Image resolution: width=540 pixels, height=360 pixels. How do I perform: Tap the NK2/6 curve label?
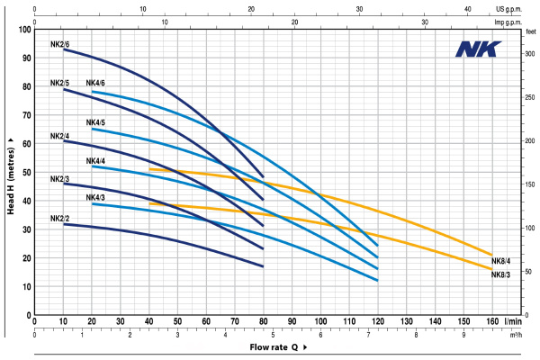(60, 43)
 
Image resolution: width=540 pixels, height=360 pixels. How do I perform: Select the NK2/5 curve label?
(60, 83)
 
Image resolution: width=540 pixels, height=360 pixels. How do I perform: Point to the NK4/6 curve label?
(95, 84)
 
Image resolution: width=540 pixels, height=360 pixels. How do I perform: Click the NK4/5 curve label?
(95, 122)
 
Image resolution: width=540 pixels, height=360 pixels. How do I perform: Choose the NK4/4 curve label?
(95, 161)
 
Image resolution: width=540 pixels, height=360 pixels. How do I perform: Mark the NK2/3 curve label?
(60, 180)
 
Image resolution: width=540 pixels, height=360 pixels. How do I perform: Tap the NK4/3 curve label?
(95, 198)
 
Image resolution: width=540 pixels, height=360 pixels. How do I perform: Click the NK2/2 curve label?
(60, 219)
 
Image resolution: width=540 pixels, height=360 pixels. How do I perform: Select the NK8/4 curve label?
(500, 261)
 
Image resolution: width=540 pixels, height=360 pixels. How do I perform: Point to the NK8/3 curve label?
(500, 274)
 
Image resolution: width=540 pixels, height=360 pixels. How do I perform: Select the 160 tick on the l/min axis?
(492, 321)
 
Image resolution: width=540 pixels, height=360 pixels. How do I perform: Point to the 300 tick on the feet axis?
(530, 54)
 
